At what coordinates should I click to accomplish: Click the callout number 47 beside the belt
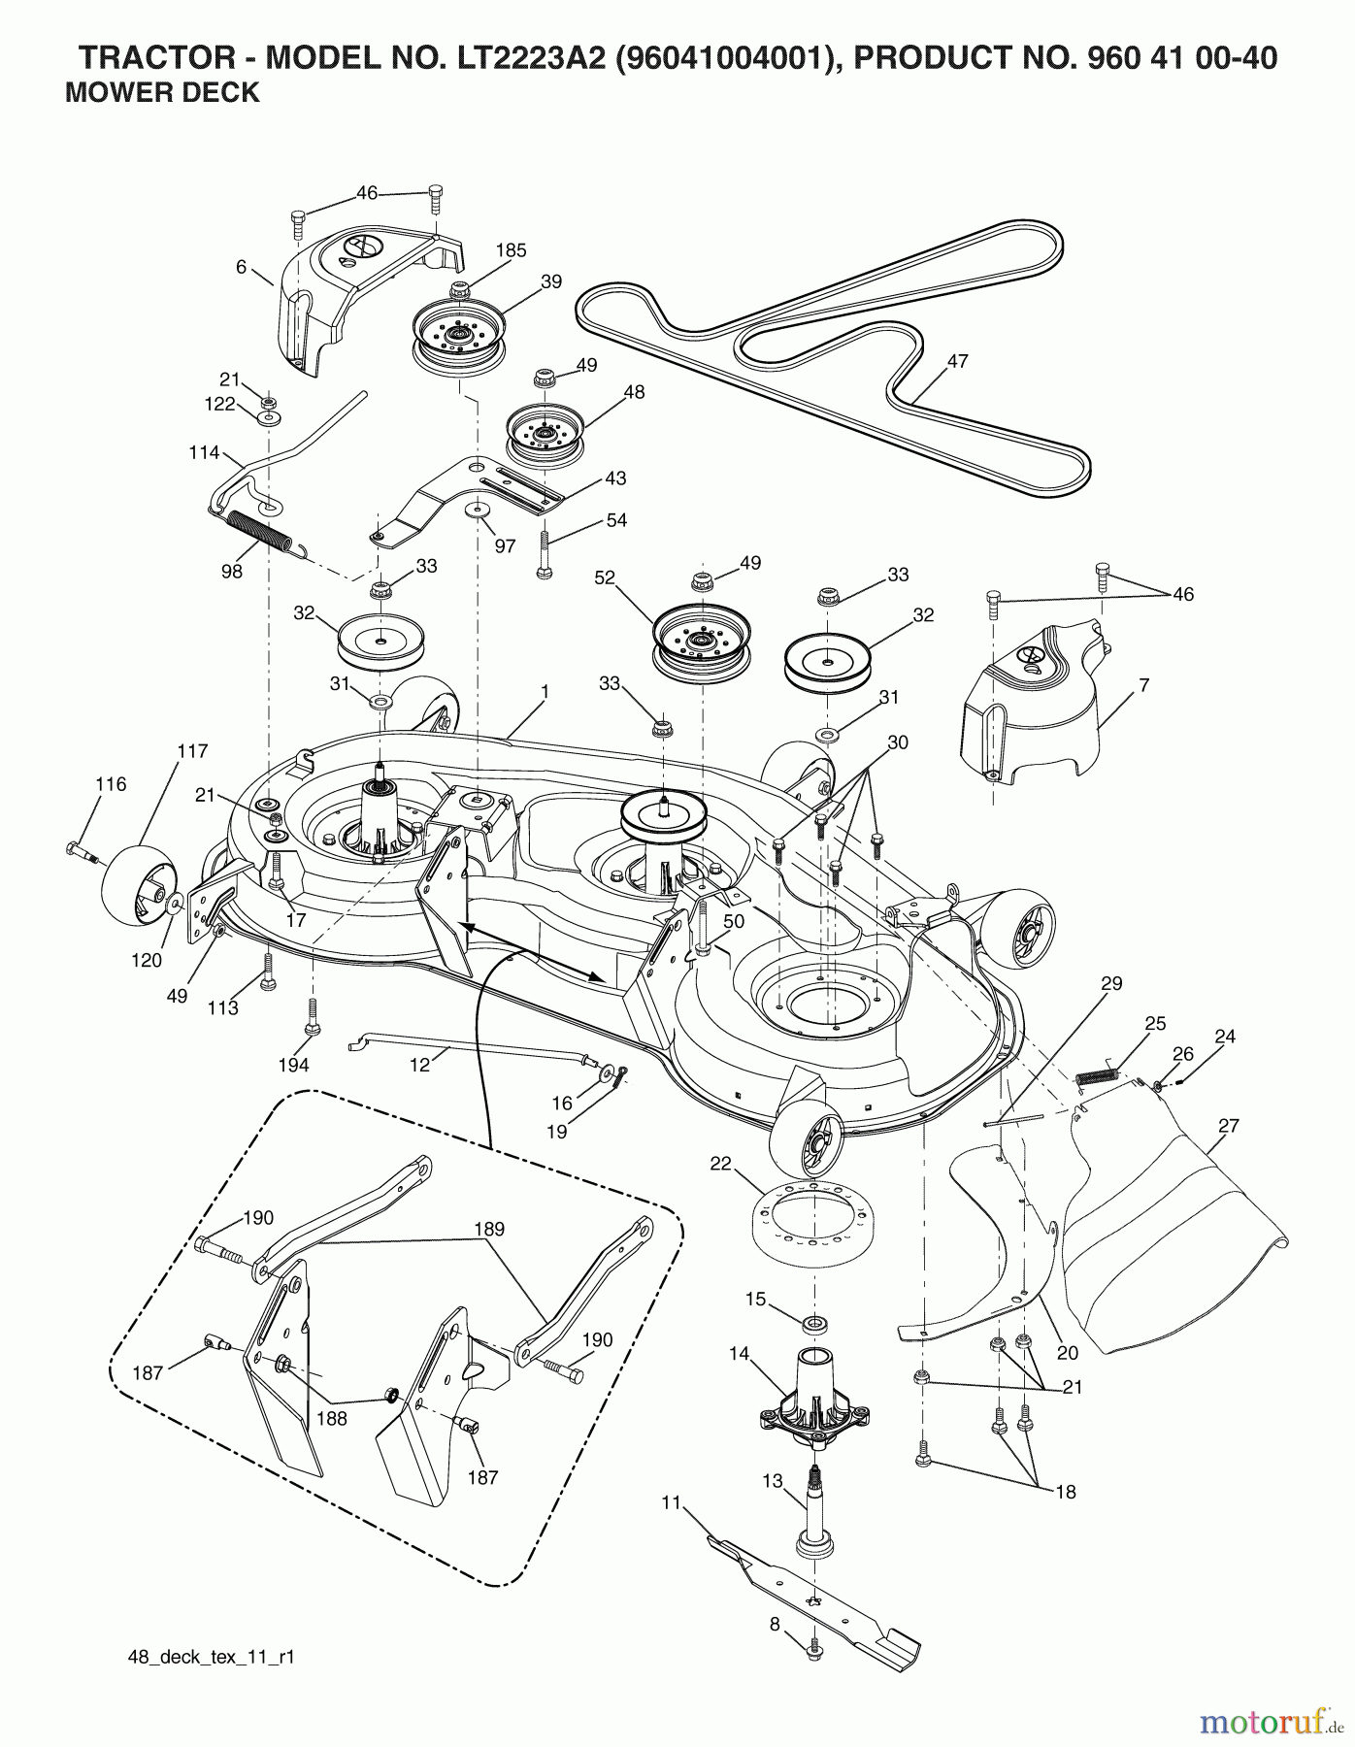[957, 361]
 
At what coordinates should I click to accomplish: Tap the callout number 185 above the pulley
[511, 250]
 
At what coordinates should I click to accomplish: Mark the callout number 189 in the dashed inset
[489, 1229]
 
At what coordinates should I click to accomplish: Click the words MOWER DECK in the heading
[161, 92]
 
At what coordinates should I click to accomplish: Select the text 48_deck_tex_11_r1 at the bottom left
[211, 1657]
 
